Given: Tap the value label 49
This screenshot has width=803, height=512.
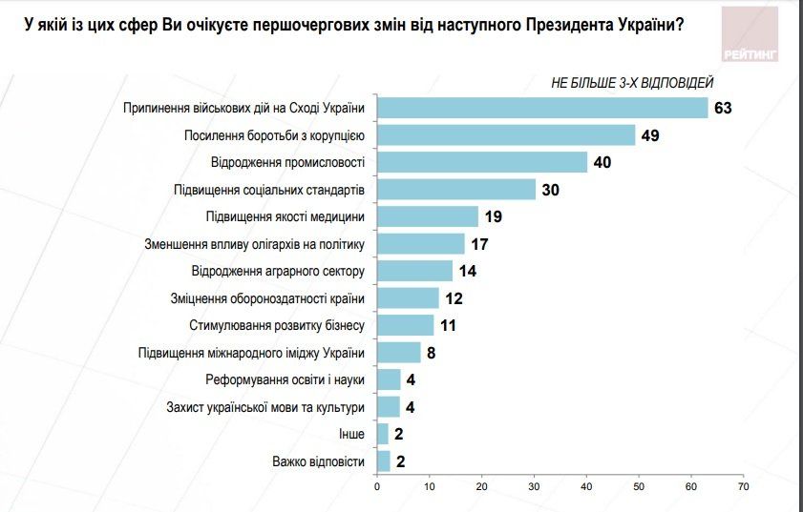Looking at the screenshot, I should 650,135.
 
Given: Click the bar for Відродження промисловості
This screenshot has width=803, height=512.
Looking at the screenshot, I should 482,162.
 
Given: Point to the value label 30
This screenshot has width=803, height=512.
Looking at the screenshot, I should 550,190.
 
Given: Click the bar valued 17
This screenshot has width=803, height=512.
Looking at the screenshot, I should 421,244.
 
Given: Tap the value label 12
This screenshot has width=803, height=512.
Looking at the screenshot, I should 454,299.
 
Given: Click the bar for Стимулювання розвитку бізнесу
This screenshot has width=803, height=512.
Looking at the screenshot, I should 406,326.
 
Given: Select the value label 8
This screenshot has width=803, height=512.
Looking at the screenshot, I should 432,354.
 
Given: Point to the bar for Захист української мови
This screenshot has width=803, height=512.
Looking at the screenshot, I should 389,407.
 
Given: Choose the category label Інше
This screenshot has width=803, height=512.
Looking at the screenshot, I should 351,435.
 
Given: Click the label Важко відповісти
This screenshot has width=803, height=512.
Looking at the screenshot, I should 319,462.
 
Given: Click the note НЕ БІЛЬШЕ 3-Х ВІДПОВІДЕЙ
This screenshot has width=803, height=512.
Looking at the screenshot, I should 631,83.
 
